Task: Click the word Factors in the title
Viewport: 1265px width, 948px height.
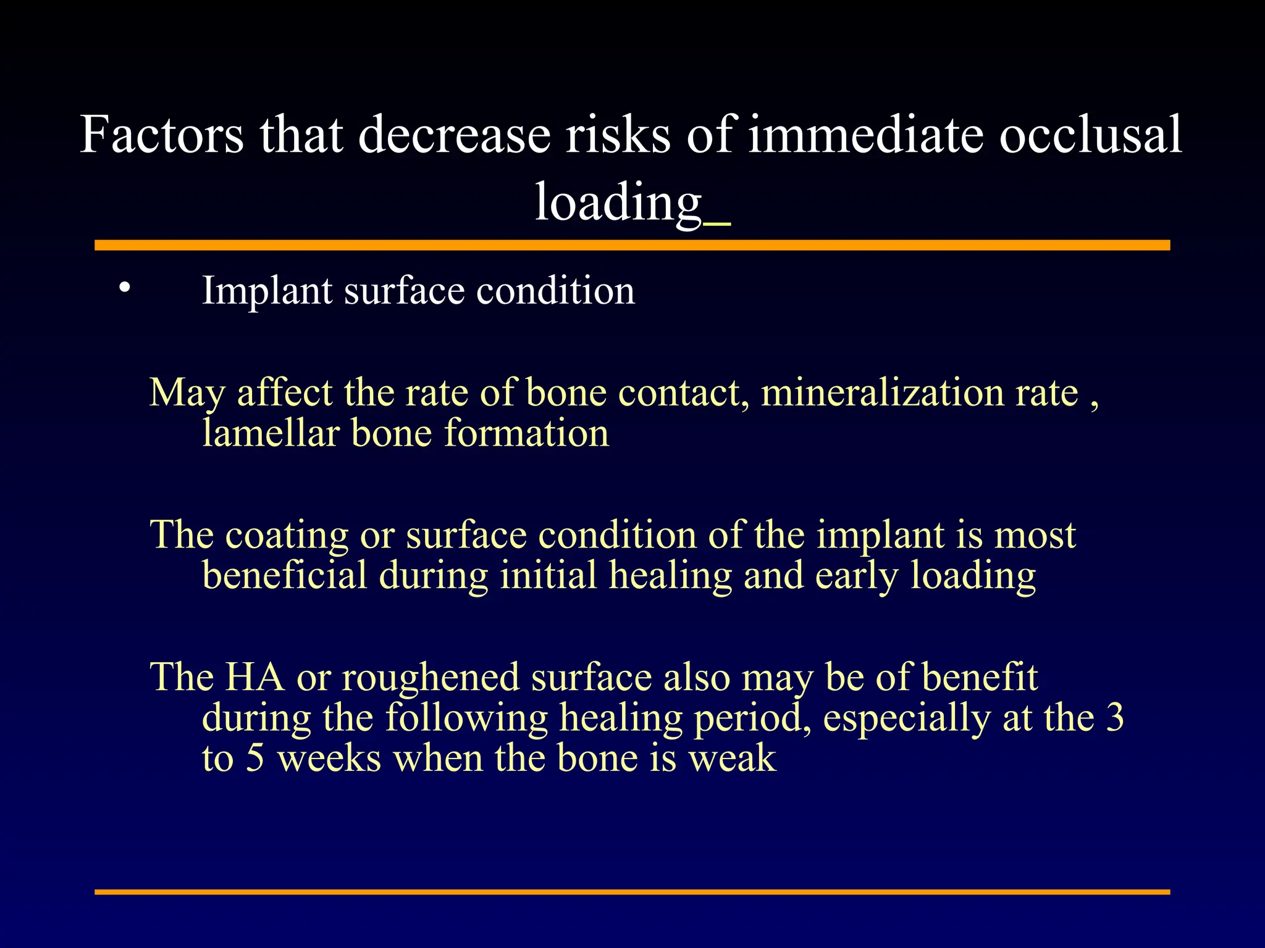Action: pos(162,135)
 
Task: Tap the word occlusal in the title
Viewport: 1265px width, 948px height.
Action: pos(1090,135)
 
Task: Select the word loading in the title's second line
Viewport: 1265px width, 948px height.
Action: pos(618,202)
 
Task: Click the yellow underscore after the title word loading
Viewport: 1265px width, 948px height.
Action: pos(717,224)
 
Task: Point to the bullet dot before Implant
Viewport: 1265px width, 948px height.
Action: pos(125,287)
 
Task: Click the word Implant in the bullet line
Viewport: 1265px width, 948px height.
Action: pos(267,291)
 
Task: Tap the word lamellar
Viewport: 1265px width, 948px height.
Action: pos(271,433)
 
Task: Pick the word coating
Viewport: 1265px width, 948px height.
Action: pos(287,536)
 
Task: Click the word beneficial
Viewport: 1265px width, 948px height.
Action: pos(285,575)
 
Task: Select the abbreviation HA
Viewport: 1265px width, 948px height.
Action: pos(254,677)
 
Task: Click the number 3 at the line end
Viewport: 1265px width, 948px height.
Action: pos(1115,718)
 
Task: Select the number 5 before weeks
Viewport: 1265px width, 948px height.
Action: pos(255,759)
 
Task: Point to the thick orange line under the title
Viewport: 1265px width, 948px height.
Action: pos(632,246)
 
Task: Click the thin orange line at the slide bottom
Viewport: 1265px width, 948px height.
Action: pos(632,892)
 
